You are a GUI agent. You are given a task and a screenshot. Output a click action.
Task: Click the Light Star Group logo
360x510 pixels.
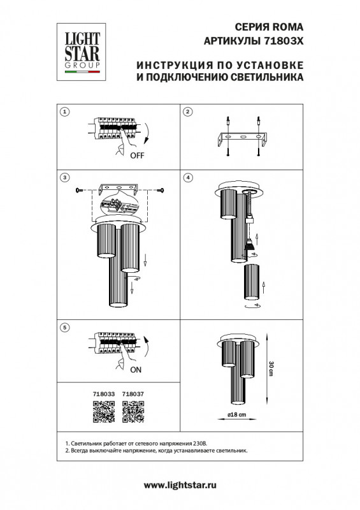[x=82, y=52]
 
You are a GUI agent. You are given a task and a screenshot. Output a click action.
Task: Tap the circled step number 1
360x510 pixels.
[x=65, y=112]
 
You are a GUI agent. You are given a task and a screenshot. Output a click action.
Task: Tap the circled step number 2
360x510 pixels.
[x=187, y=112]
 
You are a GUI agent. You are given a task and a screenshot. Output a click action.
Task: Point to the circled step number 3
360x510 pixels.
[x=65, y=178]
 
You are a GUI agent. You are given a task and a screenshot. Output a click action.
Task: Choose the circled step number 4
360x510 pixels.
[x=187, y=178]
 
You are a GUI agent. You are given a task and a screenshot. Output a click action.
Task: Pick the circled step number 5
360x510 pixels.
[x=65, y=327]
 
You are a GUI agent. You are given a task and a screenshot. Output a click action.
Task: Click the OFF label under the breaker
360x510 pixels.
[x=137, y=156]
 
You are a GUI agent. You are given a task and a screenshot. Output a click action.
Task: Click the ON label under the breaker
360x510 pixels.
[x=136, y=370]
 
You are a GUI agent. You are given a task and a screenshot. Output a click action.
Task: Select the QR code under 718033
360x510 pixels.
[x=104, y=411]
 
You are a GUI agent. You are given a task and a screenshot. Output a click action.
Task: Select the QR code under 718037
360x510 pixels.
[x=133, y=411]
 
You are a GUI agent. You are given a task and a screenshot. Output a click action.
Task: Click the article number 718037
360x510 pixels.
[x=133, y=394]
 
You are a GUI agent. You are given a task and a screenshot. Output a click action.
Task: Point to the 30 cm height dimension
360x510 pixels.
[x=271, y=368]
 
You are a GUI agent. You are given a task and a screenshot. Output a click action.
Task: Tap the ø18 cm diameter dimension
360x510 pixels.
[x=236, y=415]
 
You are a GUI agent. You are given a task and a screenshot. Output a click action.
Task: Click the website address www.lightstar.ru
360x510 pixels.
[x=180, y=486]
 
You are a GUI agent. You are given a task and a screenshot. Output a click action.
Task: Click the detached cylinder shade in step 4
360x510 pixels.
[x=252, y=282]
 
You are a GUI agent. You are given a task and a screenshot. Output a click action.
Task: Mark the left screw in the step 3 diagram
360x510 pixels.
[x=79, y=189]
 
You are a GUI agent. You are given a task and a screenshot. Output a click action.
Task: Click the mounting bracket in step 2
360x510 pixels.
[x=243, y=139]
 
